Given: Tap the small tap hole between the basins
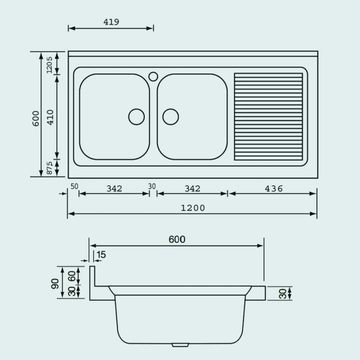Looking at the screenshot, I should (153, 76).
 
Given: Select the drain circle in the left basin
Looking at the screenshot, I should (136, 116).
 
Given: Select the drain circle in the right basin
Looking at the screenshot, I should (170, 116).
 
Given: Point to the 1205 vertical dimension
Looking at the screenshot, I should (49, 64).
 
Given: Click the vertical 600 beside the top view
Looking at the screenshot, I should (35, 117).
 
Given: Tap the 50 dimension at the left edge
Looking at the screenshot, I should (74, 186).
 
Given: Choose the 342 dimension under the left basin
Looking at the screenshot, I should (114, 188).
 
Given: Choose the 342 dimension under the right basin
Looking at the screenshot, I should (192, 188).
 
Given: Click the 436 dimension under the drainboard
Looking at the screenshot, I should (273, 188).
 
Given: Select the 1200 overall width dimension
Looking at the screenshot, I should (192, 208).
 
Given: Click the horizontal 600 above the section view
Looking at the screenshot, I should (176, 239).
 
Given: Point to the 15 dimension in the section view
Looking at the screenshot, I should (101, 255).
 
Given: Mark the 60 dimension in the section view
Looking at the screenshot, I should (72, 276).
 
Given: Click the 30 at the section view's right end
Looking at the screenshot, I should (283, 293).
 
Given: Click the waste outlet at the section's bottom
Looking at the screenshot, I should (179, 345).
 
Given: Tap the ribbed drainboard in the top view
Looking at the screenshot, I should (268, 116).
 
